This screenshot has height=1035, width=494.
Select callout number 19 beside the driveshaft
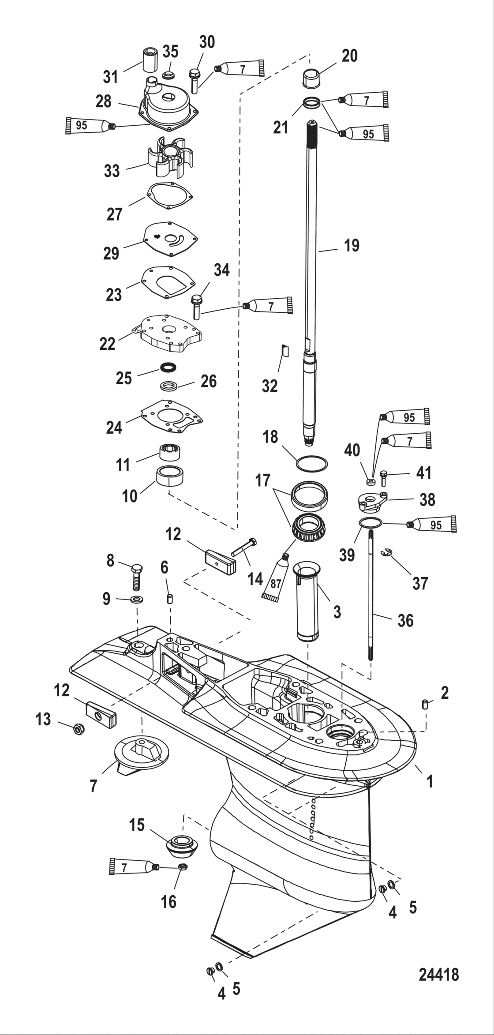click(x=352, y=245)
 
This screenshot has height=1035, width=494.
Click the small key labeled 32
click(x=285, y=350)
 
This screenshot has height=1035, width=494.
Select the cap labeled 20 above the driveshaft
click(x=314, y=79)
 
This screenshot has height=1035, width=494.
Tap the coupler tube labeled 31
click(x=149, y=58)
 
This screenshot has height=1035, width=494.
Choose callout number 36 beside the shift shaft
click(x=405, y=621)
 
